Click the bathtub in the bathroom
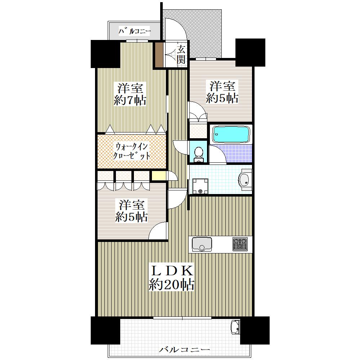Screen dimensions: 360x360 tap(231, 134)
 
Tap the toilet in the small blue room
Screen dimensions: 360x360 tap(198, 154)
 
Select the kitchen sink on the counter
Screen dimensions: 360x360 tap(202, 244)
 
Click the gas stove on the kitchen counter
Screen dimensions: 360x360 tap(240, 244)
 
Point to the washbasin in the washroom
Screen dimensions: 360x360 tap(245, 180)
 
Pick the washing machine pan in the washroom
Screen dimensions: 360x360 tap(200, 186)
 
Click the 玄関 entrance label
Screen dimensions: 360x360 tap(181, 54)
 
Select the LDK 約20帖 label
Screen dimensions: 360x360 tap(171, 278)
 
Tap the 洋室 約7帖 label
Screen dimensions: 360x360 tap(130, 94)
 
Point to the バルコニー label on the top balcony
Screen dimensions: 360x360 tap(135, 31)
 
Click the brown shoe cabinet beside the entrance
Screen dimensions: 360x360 tap(159, 54)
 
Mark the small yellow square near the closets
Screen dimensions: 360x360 tap(159, 176)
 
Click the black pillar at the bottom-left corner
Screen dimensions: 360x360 tap(105, 330)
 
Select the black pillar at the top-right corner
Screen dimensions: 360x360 tap(250, 52)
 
